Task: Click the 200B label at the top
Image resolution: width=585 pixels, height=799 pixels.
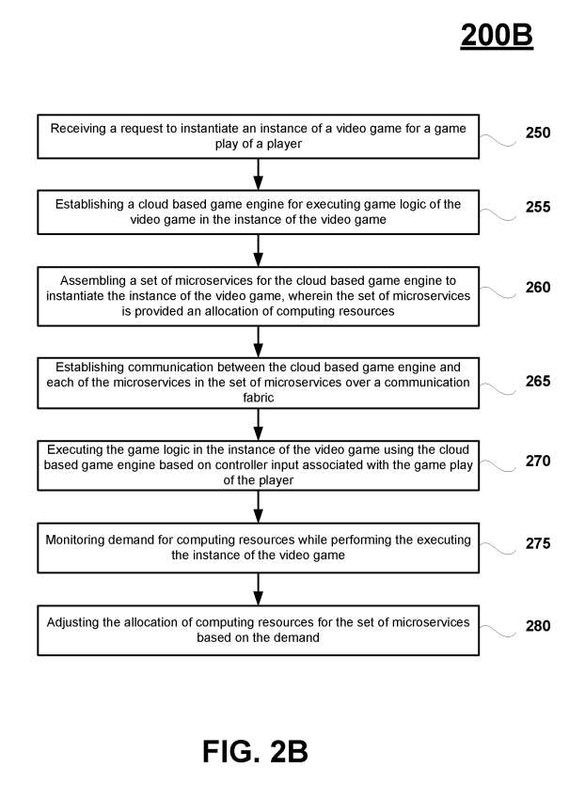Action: pyautogui.click(x=497, y=35)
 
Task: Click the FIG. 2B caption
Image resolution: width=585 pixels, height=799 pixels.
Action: pyautogui.click(x=256, y=752)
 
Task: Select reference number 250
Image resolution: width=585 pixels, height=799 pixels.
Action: pyautogui.click(x=538, y=133)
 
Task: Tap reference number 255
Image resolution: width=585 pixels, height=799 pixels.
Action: pyautogui.click(x=538, y=207)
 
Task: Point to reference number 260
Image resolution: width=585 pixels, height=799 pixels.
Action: pyautogui.click(x=538, y=288)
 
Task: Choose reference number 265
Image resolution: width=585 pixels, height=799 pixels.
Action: pyautogui.click(x=538, y=382)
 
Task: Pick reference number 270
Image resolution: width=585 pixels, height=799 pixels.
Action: pyautogui.click(x=538, y=462)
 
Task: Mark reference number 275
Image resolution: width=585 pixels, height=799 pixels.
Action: pyautogui.click(x=538, y=543)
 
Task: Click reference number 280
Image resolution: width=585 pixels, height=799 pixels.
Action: pyautogui.click(x=538, y=625)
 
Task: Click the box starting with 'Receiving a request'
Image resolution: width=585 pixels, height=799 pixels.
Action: pyautogui.click(x=259, y=137)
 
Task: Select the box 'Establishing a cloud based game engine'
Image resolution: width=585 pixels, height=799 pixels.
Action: pyautogui.click(x=259, y=211)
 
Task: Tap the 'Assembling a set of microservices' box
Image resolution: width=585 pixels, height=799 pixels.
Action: pyautogui.click(x=259, y=295)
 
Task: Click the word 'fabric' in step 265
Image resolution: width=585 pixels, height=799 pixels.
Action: pyautogui.click(x=259, y=397)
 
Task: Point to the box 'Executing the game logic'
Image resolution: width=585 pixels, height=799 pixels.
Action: pyautogui.click(x=259, y=463)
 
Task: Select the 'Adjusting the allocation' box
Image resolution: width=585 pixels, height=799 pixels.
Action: pyautogui.click(x=259, y=630)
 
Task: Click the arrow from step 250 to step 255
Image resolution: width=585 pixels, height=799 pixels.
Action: pyautogui.click(x=259, y=174)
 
